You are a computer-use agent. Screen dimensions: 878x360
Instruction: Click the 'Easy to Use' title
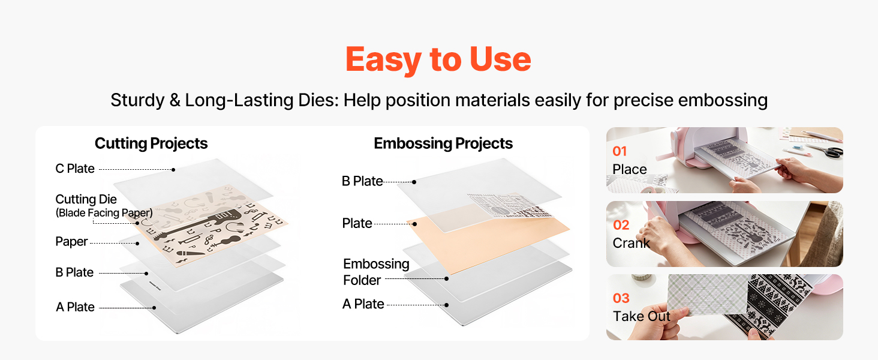438,59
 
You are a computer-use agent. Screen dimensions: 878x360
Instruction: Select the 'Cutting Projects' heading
151,143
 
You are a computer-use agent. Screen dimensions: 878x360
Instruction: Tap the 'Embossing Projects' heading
443,143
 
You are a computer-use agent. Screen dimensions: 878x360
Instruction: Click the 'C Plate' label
75,169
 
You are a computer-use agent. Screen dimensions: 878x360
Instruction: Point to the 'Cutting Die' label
86,199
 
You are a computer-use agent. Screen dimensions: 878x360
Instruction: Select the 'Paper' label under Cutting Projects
71,242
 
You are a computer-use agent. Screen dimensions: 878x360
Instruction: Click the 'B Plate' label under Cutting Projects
74,272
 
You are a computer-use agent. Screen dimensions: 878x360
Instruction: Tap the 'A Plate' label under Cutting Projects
75,307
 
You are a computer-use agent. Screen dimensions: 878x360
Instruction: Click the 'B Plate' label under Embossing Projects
362,181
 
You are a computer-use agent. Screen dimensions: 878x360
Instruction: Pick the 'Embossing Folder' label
376,272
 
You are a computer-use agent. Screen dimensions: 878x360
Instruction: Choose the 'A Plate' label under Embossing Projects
363,304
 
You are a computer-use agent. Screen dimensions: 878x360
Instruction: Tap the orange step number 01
620,151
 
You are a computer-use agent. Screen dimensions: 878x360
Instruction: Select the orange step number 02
621,225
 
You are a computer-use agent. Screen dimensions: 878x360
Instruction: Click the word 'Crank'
631,243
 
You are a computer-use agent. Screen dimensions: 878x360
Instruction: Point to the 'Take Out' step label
642,316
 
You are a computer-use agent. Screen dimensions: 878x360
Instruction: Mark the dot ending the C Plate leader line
173,170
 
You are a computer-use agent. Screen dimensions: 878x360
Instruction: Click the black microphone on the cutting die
191,253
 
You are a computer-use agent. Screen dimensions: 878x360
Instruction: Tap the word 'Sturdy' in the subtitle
137,100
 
